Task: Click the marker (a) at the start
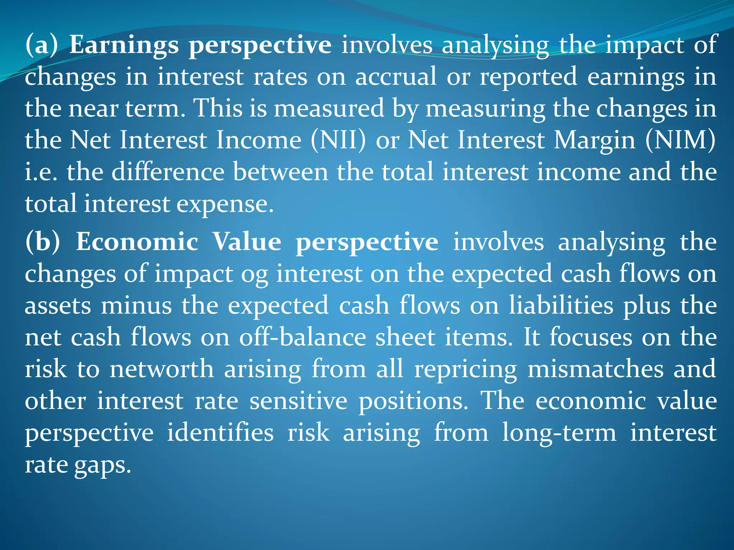click(x=41, y=45)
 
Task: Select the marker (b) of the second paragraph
click(x=43, y=242)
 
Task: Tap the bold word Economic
click(x=137, y=242)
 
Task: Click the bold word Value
click(x=247, y=242)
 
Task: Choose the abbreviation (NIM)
click(x=681, y=140)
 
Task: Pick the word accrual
click(x=396, y=77)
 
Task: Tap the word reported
click(x=528, y=77)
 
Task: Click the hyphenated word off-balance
click(x=302, y=338)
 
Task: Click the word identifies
click(x=220, y=433)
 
